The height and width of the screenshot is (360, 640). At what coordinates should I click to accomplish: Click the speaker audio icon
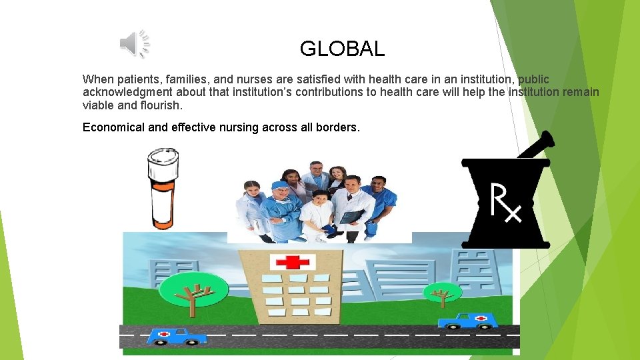135,44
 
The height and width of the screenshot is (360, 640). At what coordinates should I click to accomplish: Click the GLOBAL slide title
342,49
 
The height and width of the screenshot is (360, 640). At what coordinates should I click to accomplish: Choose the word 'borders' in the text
336,127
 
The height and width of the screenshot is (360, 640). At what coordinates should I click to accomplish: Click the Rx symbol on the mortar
505,202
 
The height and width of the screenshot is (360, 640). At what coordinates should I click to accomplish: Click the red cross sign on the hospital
287,262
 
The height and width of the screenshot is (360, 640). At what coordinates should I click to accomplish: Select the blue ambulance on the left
176,335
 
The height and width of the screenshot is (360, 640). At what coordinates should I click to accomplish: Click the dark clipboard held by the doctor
351,217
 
